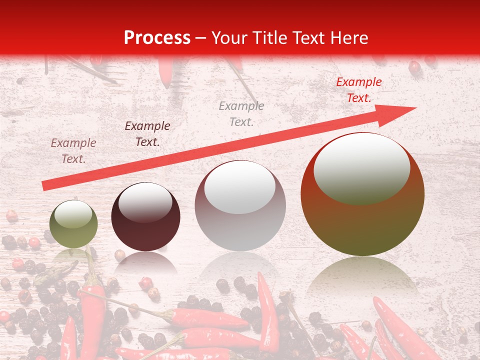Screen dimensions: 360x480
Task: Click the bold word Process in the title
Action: (x=157, y=38)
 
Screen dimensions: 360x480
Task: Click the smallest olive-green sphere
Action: (x=74, y=224)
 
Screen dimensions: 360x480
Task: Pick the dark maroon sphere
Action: (x=145, y=217)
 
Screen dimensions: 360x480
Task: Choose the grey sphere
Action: (x=240, y=205)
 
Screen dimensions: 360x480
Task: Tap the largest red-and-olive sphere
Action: (x=362, y=195)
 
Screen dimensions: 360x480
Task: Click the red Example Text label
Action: (x=358, y=90)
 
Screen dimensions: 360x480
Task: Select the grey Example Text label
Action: (x=241, y=113)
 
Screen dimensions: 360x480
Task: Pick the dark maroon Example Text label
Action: (x=147, y=133)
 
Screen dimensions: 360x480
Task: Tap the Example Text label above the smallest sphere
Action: (x=73, y=150)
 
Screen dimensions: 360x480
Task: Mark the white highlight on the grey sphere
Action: (x=240, y=187)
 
